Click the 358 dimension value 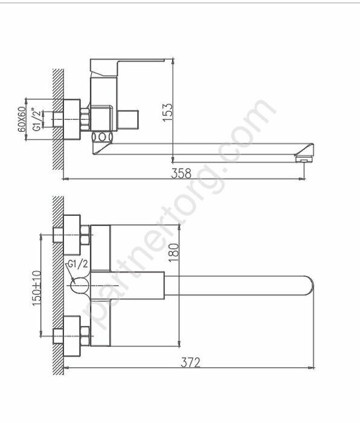coord(181,173)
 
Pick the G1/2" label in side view coord(37,119)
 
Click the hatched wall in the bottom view coord(58,284)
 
